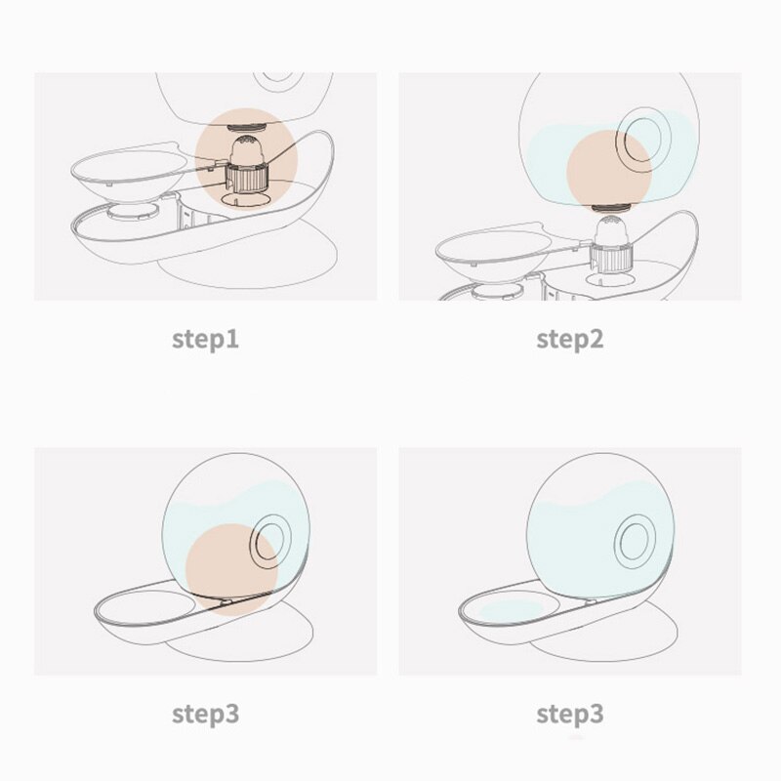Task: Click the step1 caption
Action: click(x=205, y=340)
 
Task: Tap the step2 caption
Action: click(x=570, y=340)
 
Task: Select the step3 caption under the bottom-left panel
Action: click(x=205, y=715)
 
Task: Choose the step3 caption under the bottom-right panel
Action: click(x=570, y=715)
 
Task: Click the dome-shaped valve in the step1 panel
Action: click(x=246, y=149)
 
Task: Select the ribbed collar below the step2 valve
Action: click(x=612, y=255)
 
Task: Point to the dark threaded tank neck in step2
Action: click(x=612, y=209)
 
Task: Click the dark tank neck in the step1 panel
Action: click(x=247, y=128)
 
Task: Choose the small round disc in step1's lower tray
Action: click(x=134, y=211)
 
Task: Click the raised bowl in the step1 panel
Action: click(x=130, y=174)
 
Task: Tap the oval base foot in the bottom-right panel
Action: click(x=603, y=633)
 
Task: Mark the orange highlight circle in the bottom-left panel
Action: click(x=231, y=569)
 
